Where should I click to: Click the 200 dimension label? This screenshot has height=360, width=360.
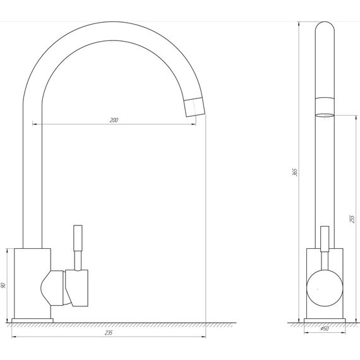pos(114,120)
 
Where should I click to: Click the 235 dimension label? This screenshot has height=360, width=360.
pos(109,333)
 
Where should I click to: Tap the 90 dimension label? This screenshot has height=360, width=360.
pos(3,285)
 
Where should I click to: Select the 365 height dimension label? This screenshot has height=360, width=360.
pos(294,172)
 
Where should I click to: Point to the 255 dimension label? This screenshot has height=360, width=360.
pos(352,219)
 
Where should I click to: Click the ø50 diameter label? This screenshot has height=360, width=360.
pos(325,328)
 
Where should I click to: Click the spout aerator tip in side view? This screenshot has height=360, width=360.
pos(325,107)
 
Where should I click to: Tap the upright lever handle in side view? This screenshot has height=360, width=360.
pos(325,239)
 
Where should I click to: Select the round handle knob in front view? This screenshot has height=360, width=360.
pos(325,288)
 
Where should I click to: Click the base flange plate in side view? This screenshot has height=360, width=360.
pos(325,320)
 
